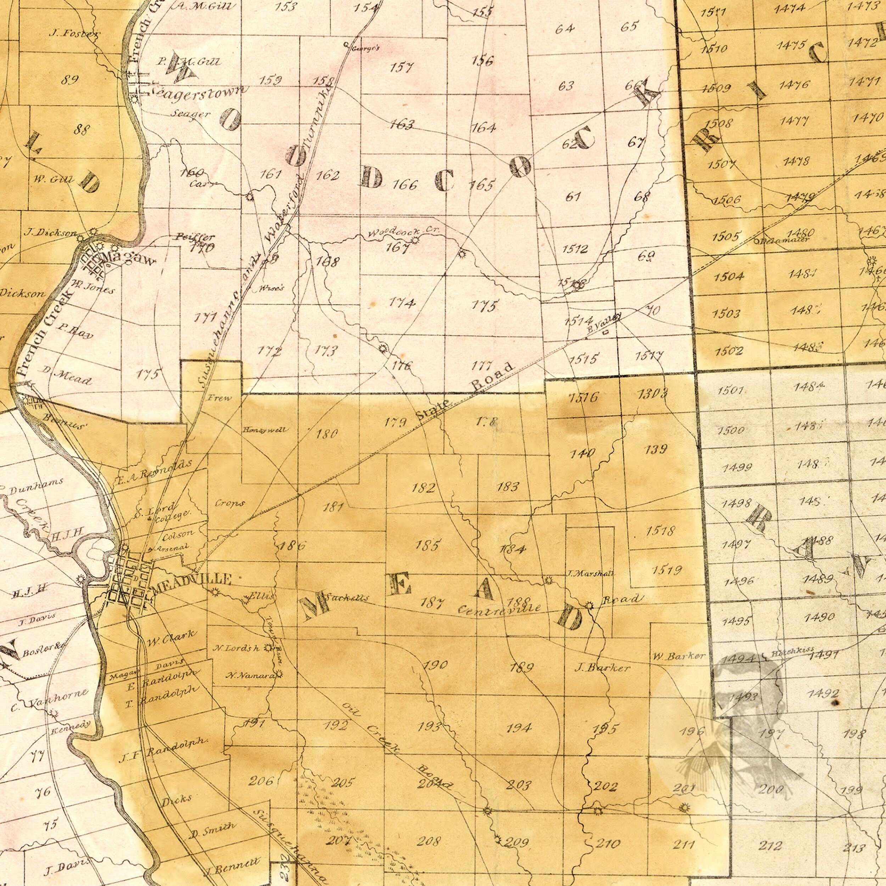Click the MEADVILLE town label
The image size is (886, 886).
click(x=192, y=578)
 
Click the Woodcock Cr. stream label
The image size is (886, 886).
click(x=404, y=232)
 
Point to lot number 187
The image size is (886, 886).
click(x=432, y=602)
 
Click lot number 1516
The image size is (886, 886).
click(x=583, y=397)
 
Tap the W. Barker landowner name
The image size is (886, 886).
click(x=679, y=656)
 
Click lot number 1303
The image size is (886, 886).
click(x=652, y=393)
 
